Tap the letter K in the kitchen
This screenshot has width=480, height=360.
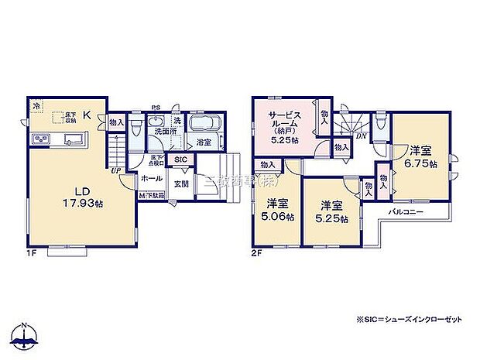click(x=87, y=116)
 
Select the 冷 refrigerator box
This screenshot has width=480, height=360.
click(x=36, y=105)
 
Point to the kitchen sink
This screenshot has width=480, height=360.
click(x=75, y=140)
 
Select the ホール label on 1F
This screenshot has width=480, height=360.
click(x=151, y=179)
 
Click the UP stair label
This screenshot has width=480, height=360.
click(x=116, y=170)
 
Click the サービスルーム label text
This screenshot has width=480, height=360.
click(x=284, y=122)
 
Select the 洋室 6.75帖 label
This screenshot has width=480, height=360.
click(x=422, y=157)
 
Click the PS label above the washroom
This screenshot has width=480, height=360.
click(x=155, y=108)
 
